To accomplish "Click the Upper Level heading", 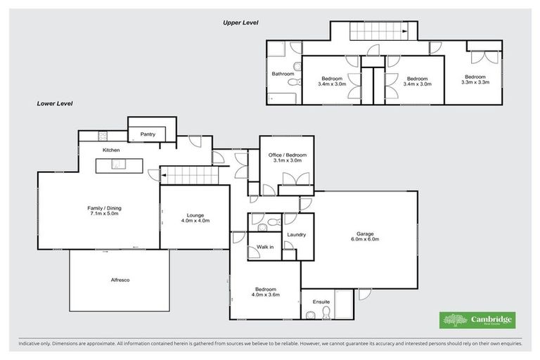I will click(x=240, y=22).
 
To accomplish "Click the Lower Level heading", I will click(x=55, y=103).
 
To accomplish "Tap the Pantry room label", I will click(x=148, y=134).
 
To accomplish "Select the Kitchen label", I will click(x=112, y=150).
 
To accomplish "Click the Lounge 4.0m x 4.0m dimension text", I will click(x=195, y=221).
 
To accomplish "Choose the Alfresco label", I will click(x=120, y=280).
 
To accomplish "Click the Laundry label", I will click(x=296, y=234).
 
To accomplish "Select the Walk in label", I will click(x=265, y=247).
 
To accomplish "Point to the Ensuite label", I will click(x=321, y=302).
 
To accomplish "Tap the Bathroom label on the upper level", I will click(x=283, y=74).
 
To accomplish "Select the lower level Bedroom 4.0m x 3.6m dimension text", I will click(x=265, y=295).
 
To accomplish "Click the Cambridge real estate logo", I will click(x=477, y=320).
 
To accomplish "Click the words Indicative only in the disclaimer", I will click(x=37, y=345).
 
